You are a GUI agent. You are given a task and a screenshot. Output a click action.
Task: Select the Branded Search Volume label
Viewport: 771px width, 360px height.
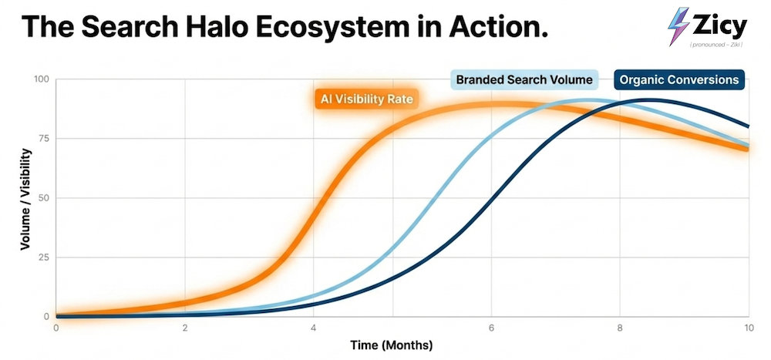coord(524,79)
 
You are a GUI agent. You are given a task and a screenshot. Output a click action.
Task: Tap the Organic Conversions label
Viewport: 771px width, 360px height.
coord(679,79)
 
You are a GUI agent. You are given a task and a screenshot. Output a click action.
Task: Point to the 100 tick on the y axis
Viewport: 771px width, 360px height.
coord(41,79)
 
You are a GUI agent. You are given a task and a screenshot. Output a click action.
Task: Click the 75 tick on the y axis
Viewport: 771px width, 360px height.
coord(42,139)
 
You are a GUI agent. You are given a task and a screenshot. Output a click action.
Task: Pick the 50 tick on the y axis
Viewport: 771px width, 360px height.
coord(42,198)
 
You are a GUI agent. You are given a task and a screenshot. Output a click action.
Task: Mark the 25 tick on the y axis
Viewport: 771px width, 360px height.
coord(42,257)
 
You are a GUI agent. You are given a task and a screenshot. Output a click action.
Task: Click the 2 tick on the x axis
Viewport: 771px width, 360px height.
coord(184,327)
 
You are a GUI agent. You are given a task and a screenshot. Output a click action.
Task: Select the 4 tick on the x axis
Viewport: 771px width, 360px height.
coord(313,327)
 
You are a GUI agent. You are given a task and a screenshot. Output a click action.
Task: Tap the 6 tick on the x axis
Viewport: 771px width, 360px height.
coord(492,327)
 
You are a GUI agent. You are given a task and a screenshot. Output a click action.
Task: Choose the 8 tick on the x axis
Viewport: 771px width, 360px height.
coord(621,327)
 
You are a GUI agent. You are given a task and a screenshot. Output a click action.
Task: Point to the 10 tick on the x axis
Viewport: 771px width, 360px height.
coord(748,327)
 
